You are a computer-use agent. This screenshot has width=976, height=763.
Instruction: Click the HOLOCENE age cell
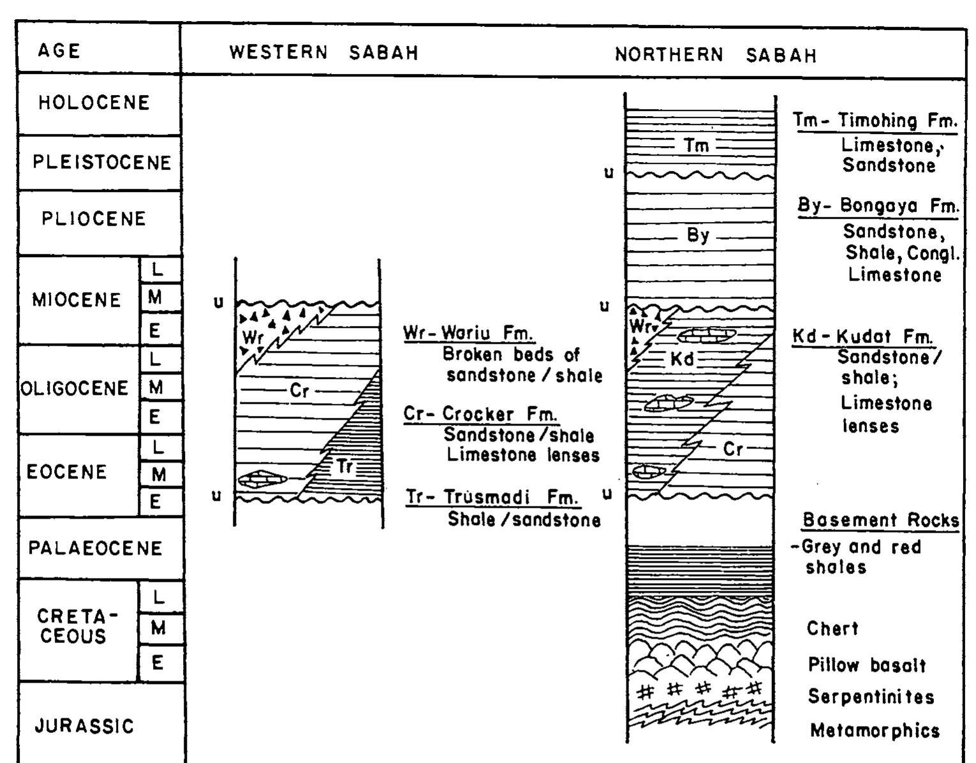point(100,103)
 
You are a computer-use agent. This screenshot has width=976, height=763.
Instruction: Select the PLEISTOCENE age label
point(102,163)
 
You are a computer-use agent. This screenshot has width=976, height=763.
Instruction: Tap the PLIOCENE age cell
point(100,222)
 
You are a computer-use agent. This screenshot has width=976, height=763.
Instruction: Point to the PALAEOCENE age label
point(95,548)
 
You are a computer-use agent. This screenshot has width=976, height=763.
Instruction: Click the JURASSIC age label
point(84,726)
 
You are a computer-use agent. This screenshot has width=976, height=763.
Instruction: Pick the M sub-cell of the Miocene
point(160,297)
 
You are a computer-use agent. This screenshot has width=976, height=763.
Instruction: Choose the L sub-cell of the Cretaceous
point(160,597)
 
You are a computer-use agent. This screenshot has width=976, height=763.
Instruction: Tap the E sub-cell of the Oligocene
point(160,417)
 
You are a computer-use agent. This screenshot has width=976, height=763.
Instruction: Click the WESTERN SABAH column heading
point(324,52)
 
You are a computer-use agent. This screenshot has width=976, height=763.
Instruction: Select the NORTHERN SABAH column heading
point(716,56)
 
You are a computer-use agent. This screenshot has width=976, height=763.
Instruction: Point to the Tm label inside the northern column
point(696,145)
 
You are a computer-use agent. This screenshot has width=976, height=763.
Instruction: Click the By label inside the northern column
point(697,235)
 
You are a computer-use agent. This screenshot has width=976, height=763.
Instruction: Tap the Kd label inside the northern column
point(682,359)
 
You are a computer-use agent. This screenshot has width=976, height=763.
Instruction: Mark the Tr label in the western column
point(344,466)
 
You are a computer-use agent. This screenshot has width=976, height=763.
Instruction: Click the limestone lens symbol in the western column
point(262,479)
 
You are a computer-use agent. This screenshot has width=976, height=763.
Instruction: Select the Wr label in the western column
point(253,337)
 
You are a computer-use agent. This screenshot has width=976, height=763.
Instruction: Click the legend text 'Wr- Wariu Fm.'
point(468,333)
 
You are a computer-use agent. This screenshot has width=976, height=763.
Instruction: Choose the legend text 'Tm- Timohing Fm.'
point(875,121)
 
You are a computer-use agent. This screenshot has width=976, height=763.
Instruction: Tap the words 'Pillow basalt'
point(867,665)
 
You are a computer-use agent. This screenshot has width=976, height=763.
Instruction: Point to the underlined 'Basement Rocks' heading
point(880,520)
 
